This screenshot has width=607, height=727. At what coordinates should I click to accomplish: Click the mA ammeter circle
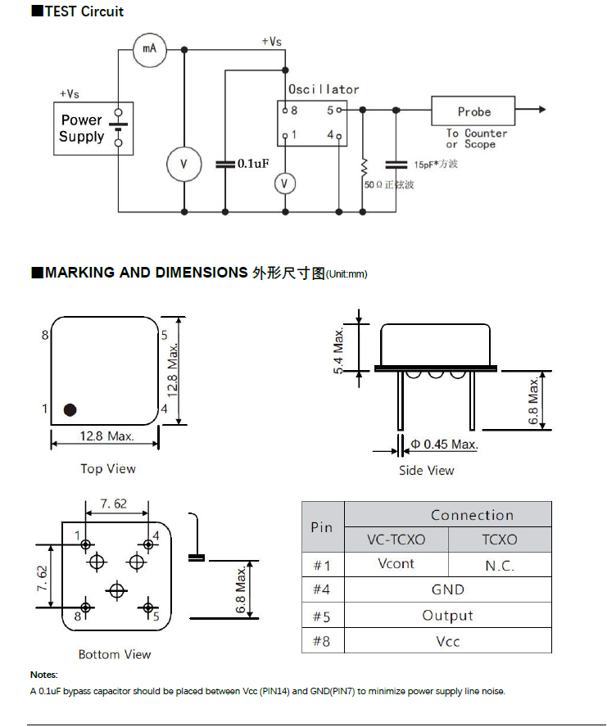pyautogui.click(x=149, y=50)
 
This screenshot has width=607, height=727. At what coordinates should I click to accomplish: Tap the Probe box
pyautogui.click(x=473, y=111)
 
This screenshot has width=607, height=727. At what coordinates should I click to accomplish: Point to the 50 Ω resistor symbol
pyautogui.click(x=363, y=166)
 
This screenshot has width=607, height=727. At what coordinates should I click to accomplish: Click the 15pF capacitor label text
pyautogui.click(x=436, y=165)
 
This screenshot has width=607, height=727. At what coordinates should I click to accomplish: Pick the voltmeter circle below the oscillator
pyautogui.click(x=284, y=183)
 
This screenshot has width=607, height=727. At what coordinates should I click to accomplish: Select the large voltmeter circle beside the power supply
pyautogui.click(x=183, y=165)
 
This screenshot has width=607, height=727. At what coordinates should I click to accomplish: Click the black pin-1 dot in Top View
pyautogui.click(x=70, y=409)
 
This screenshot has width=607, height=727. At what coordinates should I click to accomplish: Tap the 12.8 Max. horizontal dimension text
pyautogui.click(x=106, y=436)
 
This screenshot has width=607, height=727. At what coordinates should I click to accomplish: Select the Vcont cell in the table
pyautogui.click(x=396, y=563)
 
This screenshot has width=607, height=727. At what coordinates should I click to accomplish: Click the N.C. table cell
pyautogui.click(x=499, y=565)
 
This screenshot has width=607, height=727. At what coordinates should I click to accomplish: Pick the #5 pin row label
pyautogui.click(x=322, y=616)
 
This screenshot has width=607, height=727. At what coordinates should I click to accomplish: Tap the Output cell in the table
pyautogui.click(x=447, y=616)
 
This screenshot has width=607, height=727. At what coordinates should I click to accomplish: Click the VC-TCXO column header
pyautogui.click(x=396, y=540)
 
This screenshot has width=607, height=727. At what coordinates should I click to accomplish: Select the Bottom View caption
pyautogui.click(x=115, y=654)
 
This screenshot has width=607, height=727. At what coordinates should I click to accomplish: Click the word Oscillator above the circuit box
pyautogui.click(x=324, y=89)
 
